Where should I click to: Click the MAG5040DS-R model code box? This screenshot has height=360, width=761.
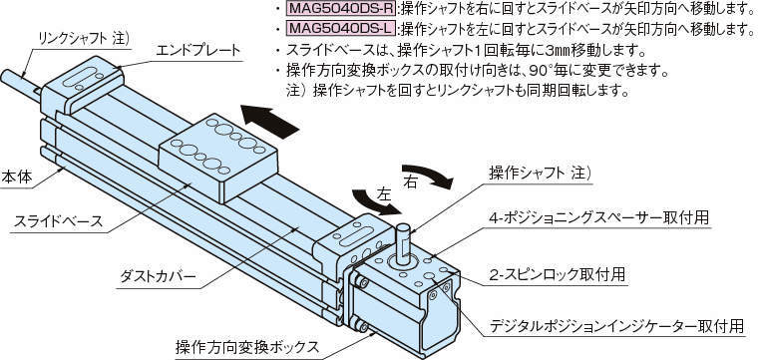click(341, 8)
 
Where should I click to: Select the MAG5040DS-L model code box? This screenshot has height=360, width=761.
click(341, 29)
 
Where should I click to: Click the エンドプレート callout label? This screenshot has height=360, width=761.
click(198, 51)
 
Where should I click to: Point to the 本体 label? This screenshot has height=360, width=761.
click(17, 177)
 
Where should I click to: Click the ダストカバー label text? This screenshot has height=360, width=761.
click(158, 277)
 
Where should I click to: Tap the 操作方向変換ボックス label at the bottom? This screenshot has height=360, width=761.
click(247, 347)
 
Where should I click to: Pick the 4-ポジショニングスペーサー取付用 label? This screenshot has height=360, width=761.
click(598, 216)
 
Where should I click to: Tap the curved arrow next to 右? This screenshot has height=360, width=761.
click(428, 176)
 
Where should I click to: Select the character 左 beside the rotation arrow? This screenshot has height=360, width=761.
click(384, 195)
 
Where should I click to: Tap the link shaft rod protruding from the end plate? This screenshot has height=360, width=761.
click(20, 83)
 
